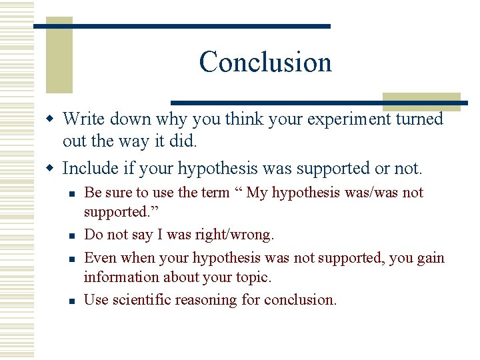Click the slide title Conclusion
coord(265,62)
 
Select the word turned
coord(418,119)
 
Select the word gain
coord(430,258)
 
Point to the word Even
coord(99,258)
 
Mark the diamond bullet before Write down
coord(53,119)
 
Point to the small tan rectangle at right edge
coord(421,101)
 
